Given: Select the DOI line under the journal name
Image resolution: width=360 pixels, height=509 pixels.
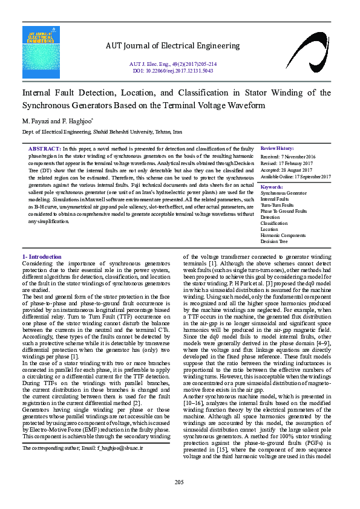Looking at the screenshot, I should (173, 71).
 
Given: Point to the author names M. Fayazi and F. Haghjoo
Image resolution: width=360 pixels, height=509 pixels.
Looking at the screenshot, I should (57, 121).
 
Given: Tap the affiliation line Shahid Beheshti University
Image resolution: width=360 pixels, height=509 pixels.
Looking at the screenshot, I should (102, 131).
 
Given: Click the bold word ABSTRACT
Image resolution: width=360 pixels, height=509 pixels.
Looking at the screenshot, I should (44, 149).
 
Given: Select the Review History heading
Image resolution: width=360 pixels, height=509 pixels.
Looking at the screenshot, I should (277, 149).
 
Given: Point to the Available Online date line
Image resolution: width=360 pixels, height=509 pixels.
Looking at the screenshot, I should (296, 177).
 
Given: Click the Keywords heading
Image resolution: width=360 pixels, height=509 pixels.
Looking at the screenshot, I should (272, 187).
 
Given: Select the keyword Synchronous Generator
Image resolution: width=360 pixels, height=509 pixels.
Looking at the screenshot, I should (284, 193).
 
